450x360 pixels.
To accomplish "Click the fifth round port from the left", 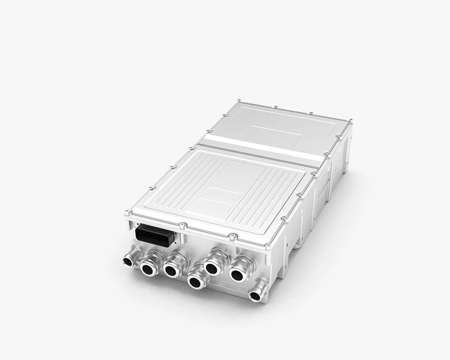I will pyautogui.click(x=213, y=267).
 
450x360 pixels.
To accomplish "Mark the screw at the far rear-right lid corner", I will pyautogui.click(x=350, y=120).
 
